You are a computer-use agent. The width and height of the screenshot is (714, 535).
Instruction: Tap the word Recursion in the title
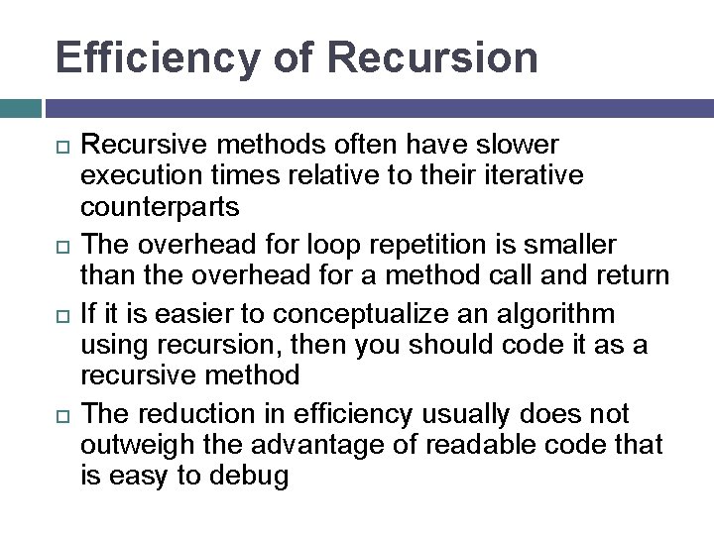431,57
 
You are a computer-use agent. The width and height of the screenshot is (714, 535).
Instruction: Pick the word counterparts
160,207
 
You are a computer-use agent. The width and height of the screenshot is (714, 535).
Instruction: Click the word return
626,274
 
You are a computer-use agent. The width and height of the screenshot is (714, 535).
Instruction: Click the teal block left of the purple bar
20,108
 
